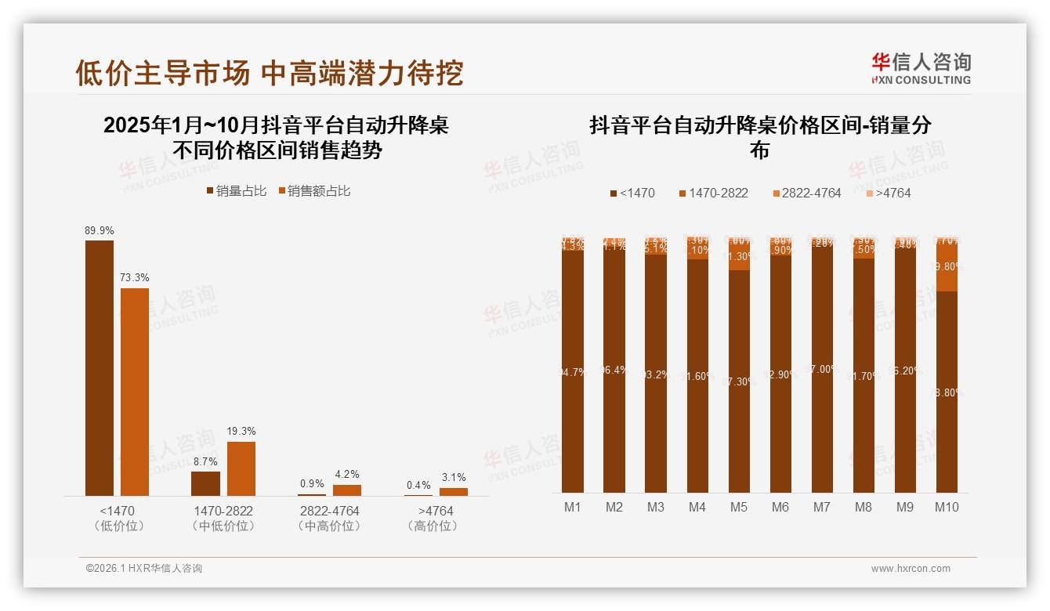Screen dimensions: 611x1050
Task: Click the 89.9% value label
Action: [100, 230]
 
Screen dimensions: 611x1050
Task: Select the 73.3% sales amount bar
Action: [135, 392]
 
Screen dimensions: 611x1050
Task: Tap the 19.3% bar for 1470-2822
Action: [241, 468]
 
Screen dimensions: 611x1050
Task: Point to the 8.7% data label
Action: [205, 461]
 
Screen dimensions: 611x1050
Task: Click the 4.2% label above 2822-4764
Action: [347, 475]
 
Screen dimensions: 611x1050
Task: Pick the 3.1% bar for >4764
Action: [453, 491]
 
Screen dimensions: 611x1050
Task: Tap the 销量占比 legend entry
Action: [236, 190]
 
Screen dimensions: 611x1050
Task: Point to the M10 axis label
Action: [947, 507]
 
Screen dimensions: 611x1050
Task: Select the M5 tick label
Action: [739, 507]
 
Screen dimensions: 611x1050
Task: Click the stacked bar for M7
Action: [822, 368]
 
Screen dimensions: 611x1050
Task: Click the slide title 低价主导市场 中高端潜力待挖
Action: [269, 73]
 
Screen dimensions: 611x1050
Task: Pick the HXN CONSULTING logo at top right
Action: [921, 69]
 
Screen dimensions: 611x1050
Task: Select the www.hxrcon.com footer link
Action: [911, 569]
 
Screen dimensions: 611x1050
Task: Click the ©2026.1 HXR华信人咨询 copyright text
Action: [143, 569]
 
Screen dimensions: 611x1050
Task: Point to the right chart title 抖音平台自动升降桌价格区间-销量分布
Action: [760, 137]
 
